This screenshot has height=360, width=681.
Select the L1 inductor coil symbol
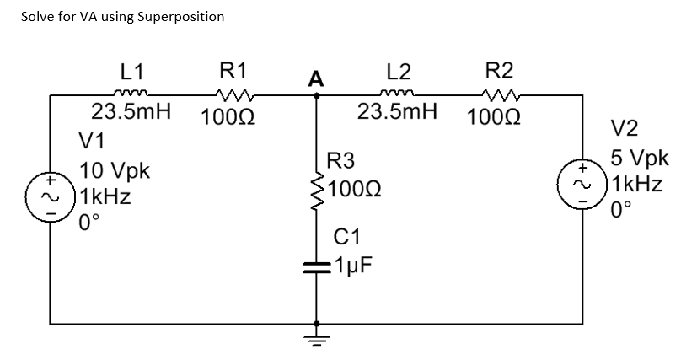(x=131, y=95)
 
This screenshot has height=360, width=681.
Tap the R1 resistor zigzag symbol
(x=229, y=95)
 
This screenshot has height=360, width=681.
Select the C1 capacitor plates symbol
(x=317, y=267)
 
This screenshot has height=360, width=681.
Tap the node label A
(x=316, y=79)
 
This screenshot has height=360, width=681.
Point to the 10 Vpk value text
(x=115, y=172)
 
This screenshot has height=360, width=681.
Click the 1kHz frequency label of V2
(x=640, y=183)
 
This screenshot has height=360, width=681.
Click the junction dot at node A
(x=317, y=96)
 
